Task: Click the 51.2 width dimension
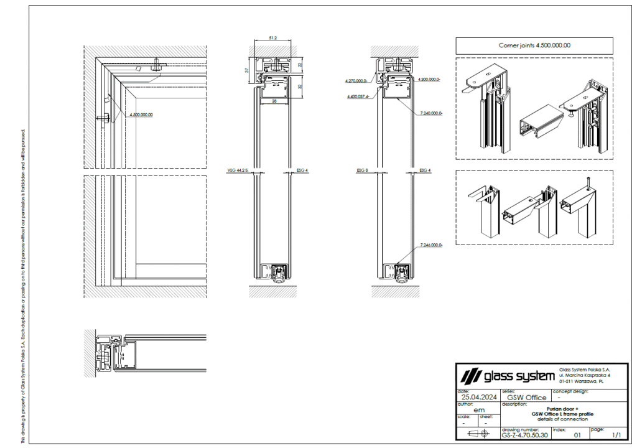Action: click(x=272, y=39)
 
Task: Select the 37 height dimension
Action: click(x=246, y=70)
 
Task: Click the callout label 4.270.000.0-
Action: click(x=358, y=81)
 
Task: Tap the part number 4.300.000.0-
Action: click(x=429, y=80)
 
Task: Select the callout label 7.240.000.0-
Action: click(x=431, y=113)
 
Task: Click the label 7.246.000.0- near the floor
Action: click(x=431, y=245)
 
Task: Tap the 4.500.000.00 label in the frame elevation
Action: click(x=141, y=114)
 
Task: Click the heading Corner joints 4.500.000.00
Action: click(x=534, y=45)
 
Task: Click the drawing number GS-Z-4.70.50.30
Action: click(x=525, y=435)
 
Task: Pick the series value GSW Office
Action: click(x=526, y=397)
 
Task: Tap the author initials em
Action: click(x=479, y=409)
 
